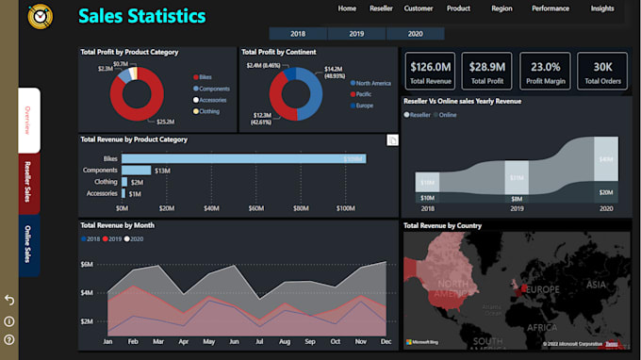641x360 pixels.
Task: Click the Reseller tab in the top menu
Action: (382, 8)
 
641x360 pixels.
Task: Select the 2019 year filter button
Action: (356, 33)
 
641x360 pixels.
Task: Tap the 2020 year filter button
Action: (415, 33)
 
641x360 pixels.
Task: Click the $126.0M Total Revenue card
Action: (430, 72)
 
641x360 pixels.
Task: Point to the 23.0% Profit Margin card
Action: (546, 72)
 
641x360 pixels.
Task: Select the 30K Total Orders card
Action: (602, 72)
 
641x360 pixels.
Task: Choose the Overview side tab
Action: (29, 120)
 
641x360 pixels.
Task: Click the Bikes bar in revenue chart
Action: (243, 158)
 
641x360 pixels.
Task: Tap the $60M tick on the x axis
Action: (256, 208)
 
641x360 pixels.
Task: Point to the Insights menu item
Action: (602, 8)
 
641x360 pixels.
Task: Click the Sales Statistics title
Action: (141, 16)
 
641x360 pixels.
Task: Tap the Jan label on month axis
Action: (108, 340)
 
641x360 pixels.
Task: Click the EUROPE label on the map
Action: (544, 288)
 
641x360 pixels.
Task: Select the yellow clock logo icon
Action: (41, 16)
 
